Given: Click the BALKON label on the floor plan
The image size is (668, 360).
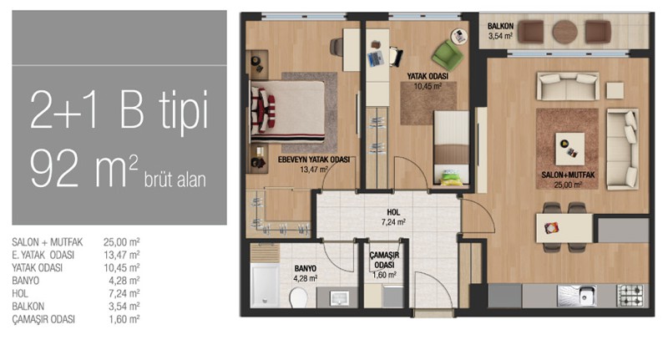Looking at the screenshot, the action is [x=500, y=27].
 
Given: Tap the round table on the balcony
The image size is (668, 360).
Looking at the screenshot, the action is [x=565, y=32].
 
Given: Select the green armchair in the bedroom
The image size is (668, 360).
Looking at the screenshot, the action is [x=448, y=55].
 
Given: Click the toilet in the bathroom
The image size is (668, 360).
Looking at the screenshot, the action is [x=298, y=297].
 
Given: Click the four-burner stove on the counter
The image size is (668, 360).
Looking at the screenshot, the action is [x=630, y=295].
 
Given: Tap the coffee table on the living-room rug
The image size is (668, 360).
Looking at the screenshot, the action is [x=569, y=149].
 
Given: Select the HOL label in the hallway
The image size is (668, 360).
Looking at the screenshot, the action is [x=393, y=212].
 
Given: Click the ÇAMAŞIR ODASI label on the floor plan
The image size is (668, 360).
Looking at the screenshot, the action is [x=384, y=260].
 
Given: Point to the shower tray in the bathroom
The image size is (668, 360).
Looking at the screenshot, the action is [x=265, y=285].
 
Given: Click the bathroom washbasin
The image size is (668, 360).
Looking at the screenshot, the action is [x=339, y=298].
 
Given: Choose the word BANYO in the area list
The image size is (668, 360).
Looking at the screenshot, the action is [x=26, y=281].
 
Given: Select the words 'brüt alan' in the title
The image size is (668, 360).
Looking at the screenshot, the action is [x=175, y=180].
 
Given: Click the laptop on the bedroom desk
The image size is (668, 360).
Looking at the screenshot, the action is [x=375, y=58].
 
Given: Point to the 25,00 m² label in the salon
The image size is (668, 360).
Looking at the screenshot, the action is [x=568, y=185].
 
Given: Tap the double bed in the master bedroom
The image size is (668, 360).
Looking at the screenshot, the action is [x=287, y=112].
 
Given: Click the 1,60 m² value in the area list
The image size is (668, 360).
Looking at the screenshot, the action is [x=124, y=319].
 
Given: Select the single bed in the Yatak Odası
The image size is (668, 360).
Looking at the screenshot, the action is [x=451, y=148].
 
